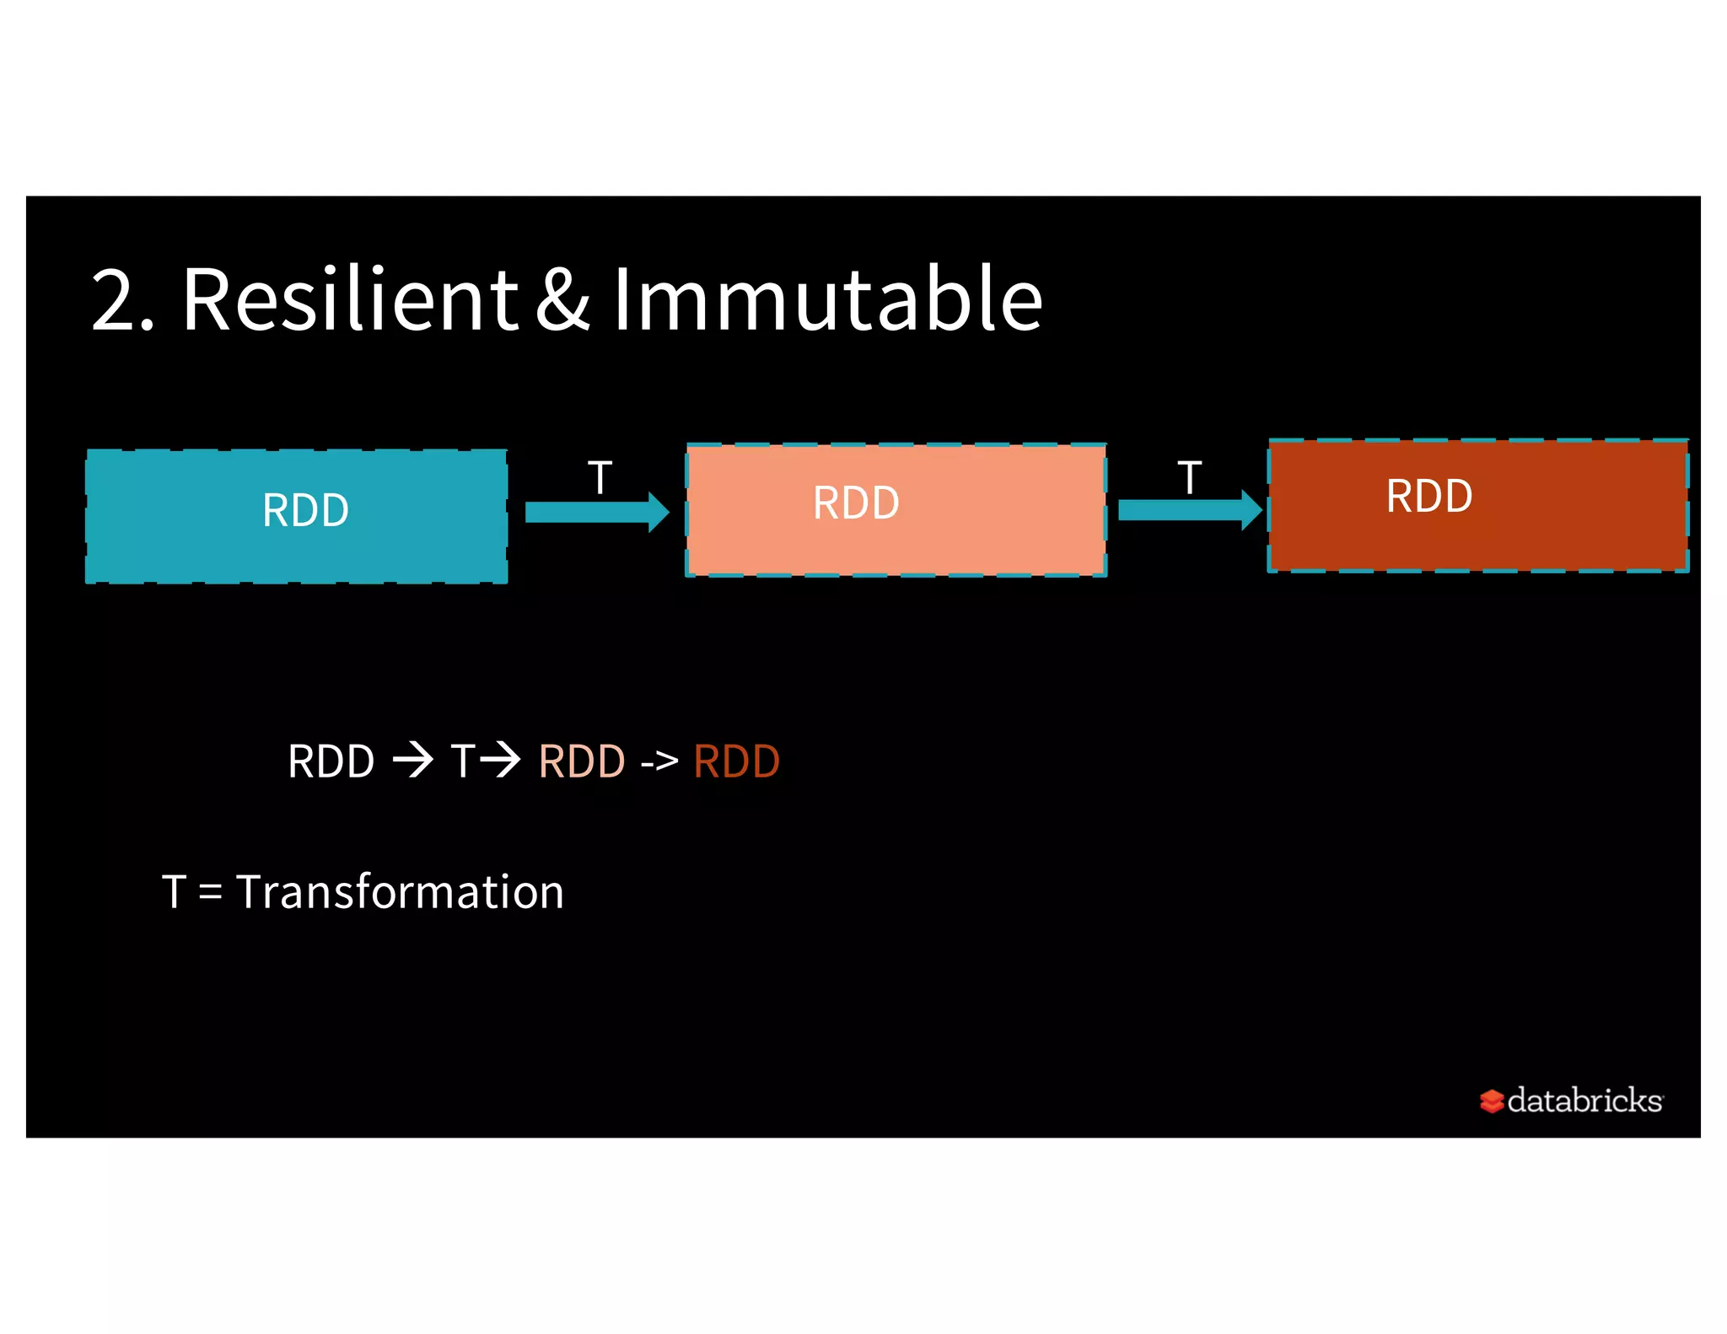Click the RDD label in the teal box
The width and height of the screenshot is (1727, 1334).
click(305, 511)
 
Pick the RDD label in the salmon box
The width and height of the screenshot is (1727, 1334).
click(856, 503)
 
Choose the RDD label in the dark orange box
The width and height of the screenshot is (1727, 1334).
click(1429, 496)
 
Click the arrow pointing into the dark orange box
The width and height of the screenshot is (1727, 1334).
click(1189, 509)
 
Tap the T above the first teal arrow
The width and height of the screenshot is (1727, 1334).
click(600, 478)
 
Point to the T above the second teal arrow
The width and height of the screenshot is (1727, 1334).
click(1189, 478)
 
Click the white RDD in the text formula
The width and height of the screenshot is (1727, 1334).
click(331, 761)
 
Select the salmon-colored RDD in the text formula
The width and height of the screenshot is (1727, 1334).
click(581, 761)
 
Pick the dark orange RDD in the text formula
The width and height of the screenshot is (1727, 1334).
click(736, 761)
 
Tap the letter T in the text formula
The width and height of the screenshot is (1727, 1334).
click(463, 761)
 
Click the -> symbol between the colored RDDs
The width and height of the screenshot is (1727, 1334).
click(659, 762)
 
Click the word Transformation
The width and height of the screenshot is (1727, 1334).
click(400, 892)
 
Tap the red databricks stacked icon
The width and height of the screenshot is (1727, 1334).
click(1491, 1101)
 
